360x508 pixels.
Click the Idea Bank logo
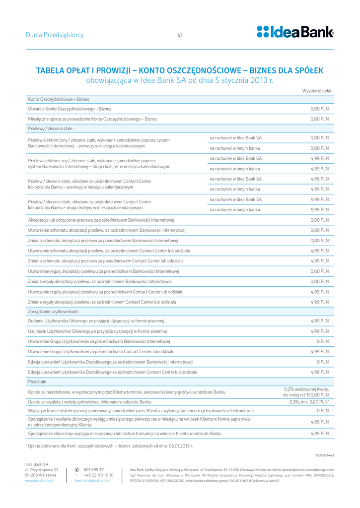[295, 32]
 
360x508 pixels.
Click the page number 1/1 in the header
[180, 35]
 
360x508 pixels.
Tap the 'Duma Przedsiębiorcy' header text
[55, 35]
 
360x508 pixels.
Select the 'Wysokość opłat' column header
[317, 91]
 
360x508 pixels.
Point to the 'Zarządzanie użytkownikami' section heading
[53, 311]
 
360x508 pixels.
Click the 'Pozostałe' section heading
[37, 381]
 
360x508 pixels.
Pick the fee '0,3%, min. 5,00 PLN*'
[309, 402]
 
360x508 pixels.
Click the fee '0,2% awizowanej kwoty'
[306, 389]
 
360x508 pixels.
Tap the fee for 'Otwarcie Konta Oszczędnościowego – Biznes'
[319, 109]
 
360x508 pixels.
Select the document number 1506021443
[324, 455]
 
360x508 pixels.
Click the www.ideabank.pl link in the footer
[39, 481]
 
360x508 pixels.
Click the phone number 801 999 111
[94, 469]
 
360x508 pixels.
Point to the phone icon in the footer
[77, 469]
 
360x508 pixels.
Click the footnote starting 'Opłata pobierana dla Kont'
[109, 446]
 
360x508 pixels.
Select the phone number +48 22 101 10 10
[98, 475]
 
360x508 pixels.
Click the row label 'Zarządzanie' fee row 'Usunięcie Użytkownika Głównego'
[98, 331]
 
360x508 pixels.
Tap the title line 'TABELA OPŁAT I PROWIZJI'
[180, 70]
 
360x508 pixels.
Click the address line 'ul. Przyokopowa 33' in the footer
[42, 469]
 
